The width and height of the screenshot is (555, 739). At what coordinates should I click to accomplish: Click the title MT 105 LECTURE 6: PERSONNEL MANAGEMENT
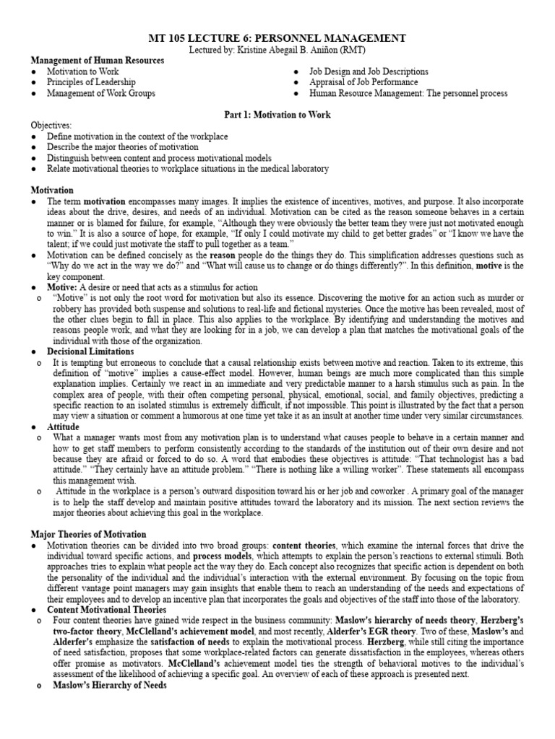click(277, 38)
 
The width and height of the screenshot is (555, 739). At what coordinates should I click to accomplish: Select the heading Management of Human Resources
click(97, 61)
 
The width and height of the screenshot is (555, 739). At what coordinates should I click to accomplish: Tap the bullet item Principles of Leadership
click(91, 82)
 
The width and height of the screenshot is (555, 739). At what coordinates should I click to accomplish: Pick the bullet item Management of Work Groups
click(101, 93)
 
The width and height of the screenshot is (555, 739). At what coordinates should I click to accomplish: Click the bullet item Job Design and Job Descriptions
click(369, 71)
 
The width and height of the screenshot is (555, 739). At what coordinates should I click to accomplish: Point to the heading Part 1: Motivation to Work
click(277, 115)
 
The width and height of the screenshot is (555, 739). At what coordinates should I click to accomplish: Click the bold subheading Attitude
click(64, 427)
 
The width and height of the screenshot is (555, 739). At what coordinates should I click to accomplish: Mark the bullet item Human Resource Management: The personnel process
click(408, 93)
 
